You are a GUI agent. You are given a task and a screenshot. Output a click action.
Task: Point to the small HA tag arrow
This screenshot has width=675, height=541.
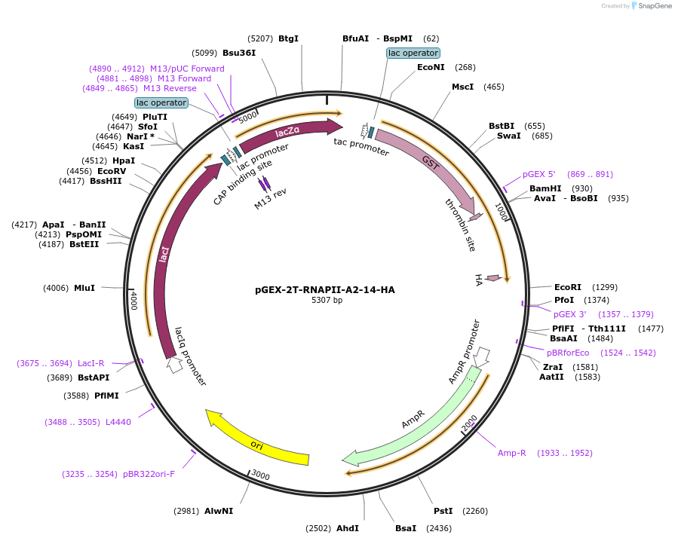tap(492, 279)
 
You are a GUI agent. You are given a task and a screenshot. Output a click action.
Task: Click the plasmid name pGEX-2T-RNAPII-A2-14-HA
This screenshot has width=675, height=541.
tap(325, 289)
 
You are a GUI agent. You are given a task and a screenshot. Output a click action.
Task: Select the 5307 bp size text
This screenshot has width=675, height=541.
tap(327, 300)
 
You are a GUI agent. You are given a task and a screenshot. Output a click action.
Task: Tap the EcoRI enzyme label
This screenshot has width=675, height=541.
tap(567, 287)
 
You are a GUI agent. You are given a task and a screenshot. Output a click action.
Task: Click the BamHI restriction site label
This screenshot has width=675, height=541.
tap(545, 188)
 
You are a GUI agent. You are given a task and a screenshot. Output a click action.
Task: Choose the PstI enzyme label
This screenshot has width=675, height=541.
tap(443, 511)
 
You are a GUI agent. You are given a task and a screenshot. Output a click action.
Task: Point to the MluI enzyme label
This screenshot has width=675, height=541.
tap(84, 288)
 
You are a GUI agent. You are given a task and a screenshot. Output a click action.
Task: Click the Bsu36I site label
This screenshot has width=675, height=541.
tap(239, 53)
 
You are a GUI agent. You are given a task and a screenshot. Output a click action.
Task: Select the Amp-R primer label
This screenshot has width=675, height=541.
tap(511, 453)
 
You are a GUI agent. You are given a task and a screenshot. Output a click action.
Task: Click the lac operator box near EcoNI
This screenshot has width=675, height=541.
tap(413, 53)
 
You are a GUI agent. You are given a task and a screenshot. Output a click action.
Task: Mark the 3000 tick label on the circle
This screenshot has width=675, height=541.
tap(260, 475)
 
